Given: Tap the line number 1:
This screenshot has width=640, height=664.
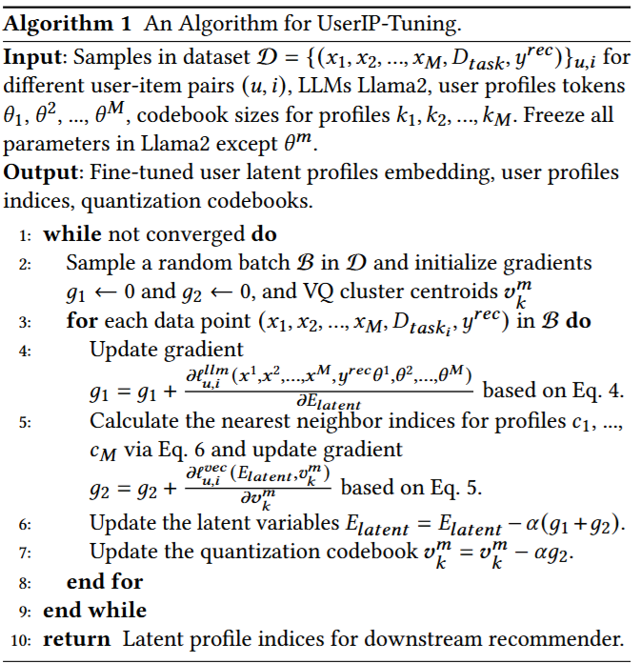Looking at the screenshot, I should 26,234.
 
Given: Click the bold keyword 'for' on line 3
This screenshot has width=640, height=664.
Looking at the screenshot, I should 82,320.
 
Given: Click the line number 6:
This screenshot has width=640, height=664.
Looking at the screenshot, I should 26,523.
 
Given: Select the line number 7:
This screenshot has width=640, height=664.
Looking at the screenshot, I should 26,552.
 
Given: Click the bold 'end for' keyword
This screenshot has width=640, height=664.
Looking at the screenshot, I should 105,580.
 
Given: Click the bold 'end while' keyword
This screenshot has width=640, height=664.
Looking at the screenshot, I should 95,610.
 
